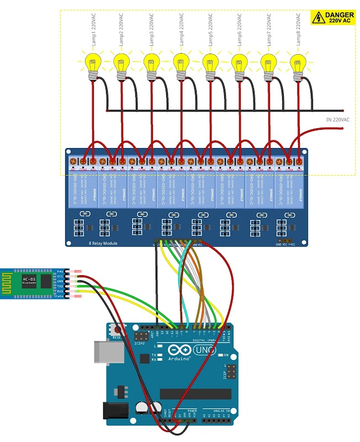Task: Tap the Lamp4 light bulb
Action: [181, 61]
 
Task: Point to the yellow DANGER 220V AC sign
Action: [333, 18]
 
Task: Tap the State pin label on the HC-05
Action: [60, 297]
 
